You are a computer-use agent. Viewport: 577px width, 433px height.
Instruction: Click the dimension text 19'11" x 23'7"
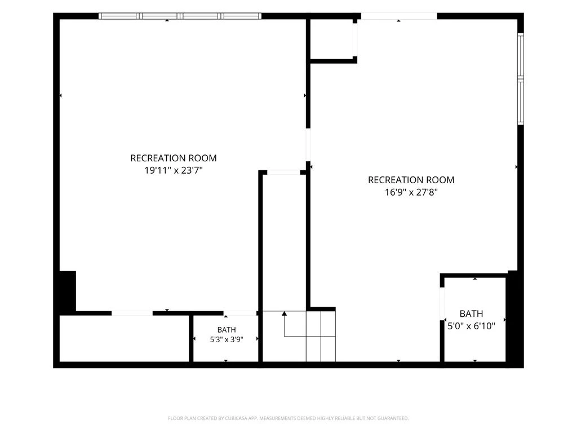point(174,170)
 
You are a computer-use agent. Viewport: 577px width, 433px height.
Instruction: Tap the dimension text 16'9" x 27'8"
point(411,192)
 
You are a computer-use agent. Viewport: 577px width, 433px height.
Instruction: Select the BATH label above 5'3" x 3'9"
point(227,330)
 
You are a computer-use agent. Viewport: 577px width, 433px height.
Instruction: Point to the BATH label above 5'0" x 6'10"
point(472,313)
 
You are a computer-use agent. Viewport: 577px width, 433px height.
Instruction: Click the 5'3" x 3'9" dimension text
point(227,339)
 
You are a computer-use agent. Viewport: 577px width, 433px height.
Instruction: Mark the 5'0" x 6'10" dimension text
point(472,326)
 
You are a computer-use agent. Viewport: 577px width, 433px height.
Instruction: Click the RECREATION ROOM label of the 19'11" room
point(174,158)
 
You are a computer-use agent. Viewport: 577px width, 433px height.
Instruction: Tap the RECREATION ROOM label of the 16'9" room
point(411,180)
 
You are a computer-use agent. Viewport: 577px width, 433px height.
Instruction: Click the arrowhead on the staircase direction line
point(284,313)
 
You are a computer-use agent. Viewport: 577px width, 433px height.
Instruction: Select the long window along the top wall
point(180,16)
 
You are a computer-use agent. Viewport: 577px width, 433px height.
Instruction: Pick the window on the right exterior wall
point(521,79)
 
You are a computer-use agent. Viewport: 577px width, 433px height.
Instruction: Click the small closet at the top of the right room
point(332,39)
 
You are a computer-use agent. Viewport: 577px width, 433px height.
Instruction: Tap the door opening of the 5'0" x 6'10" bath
point(442,304)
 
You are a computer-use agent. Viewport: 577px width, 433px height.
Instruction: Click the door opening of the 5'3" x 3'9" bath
point(240,313)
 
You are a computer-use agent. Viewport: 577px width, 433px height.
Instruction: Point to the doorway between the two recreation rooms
point(308,145)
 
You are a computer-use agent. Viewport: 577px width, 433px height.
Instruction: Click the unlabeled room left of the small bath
point(125,339)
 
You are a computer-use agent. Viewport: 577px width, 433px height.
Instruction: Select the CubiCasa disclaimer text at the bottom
point(288,418)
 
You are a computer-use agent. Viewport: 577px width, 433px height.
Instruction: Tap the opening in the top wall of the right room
point(399,16)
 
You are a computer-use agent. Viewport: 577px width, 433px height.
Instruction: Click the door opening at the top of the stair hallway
point(283,173)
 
